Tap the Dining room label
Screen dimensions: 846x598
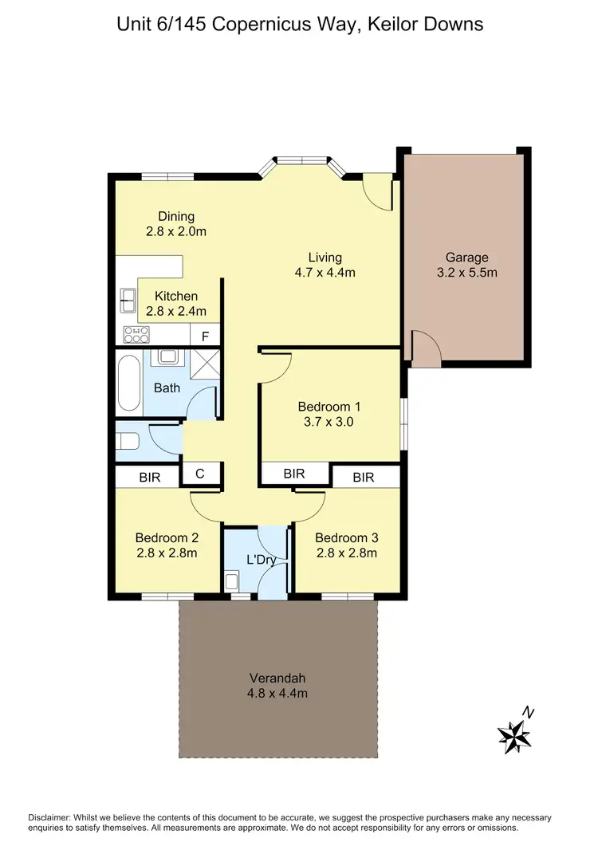click(x=176, y=217)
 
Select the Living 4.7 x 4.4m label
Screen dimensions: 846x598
click(x=325, y=265)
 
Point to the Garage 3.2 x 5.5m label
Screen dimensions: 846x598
click(x=466, y=265)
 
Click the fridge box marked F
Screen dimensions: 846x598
click(x=205, y=336)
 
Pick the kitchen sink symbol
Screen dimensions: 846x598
click(x=128, y=299)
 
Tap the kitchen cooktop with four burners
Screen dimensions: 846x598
click(x=136, y=335)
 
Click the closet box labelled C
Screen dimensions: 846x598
click(x=200, y=474)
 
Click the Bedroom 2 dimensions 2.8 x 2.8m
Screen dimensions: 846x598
click(x=166, y=552)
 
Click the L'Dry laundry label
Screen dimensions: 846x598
click(x=260, y=560)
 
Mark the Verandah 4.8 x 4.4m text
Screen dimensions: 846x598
click(x=277, y=686)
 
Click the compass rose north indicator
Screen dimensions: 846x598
click(x=515, y=732)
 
